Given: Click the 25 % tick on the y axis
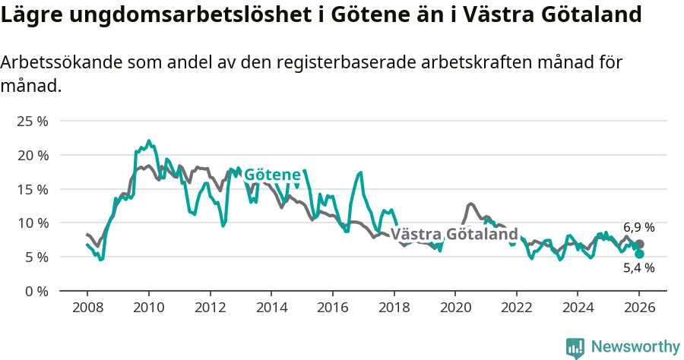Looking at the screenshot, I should coord(33,122).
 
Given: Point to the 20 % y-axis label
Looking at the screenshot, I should coord(33,155).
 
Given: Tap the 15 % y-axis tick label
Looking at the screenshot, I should coord(33,189).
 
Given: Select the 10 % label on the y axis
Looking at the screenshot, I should coord(33,223).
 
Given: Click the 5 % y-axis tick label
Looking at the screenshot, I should coord(36,257).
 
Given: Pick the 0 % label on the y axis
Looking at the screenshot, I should coord(36,291).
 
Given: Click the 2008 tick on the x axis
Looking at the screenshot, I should coord(87,308).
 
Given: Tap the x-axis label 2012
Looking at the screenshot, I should coord(210,308).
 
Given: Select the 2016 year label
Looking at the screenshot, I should coord(332,308).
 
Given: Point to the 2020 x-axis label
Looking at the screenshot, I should coord(454,308).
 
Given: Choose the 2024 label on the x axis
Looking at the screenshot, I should coord(577,308).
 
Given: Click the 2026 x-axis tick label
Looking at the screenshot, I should coord(638,308).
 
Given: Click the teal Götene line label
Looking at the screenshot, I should coord(272,175).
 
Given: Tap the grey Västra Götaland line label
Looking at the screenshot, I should coord(454,234).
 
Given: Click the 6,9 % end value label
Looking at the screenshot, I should coord(638,227).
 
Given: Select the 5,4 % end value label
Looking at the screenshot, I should coord(638,268).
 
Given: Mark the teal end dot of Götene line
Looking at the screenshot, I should coord(639,254).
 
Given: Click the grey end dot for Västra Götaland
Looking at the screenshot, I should coord(639,244).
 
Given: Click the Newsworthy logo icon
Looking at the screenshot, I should coord(575,348).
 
